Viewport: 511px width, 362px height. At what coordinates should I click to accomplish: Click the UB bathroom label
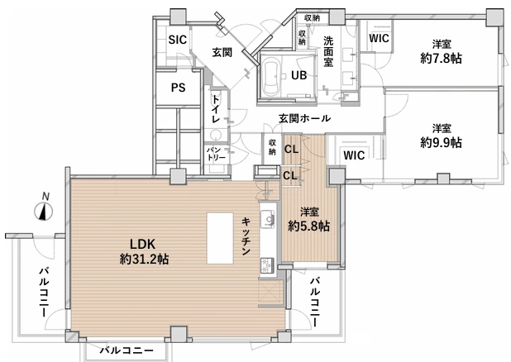[298, 75]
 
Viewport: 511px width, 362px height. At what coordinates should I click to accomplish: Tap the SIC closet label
[178, 40]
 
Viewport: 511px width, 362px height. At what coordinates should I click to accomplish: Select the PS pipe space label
[178, 88]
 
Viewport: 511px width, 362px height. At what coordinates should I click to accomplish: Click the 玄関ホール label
[304, 119]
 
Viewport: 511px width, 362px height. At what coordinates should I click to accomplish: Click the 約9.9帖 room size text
[441, 142]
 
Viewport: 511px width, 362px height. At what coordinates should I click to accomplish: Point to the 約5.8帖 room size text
[308, 226]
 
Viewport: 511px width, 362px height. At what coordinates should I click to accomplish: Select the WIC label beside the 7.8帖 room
[380, 38]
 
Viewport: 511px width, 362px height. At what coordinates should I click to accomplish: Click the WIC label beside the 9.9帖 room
[354, 155]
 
